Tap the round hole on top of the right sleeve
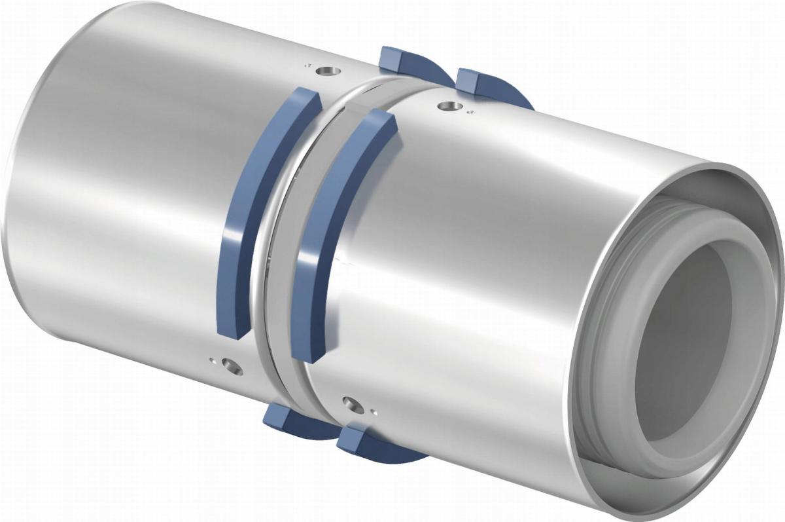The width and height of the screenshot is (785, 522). (x=447, y=104)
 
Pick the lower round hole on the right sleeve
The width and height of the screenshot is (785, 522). (x=353, y=404)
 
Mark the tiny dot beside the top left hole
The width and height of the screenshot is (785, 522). (x=306, y=65)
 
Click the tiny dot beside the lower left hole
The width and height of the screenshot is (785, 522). (x=212, y=360)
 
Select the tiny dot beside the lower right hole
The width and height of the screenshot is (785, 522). (x=372, y=412)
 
